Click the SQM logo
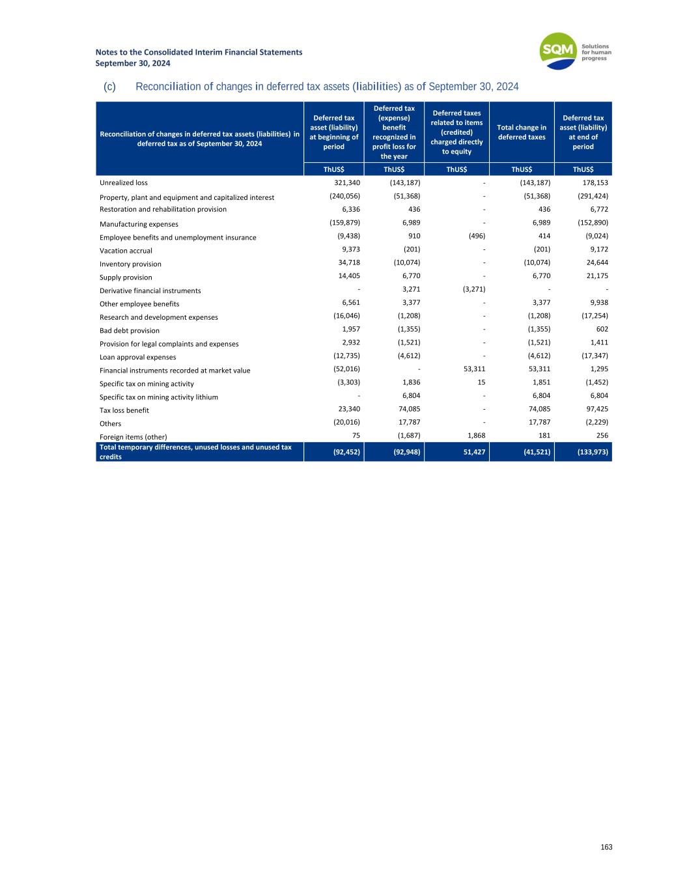559,51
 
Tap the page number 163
606,847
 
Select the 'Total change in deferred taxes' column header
521,132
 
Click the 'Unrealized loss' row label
124,183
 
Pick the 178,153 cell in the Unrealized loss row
595,183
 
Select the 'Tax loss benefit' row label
124,410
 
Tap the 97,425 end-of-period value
596,409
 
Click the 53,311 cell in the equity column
474,369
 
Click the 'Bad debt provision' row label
130,331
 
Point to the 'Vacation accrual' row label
126,251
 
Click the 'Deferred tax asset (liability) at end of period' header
583,132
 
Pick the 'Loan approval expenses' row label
137,358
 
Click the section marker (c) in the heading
109,87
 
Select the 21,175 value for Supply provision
596,276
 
